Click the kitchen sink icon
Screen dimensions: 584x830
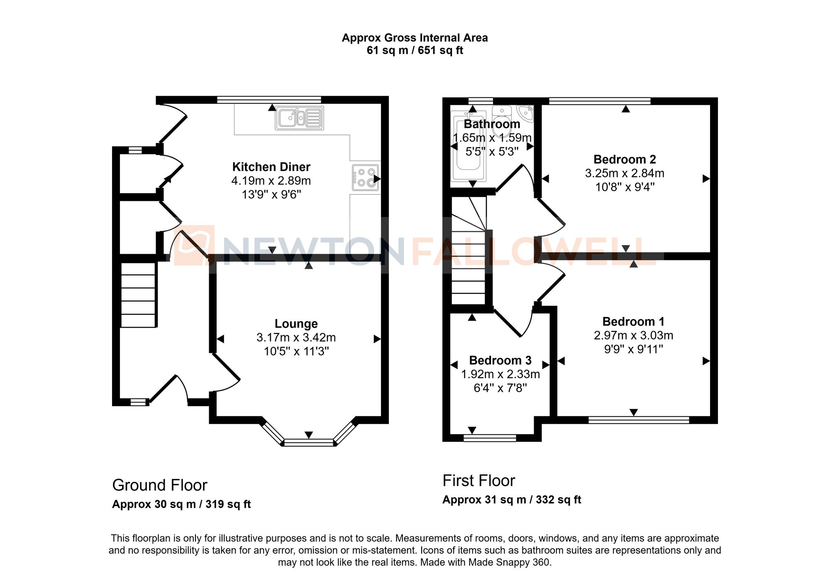click(x=300, y=118)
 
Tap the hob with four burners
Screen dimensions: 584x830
click(x=366, y=178)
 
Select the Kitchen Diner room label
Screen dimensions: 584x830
click(x=271, y=167)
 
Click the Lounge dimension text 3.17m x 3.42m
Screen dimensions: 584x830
click(x=296, y=338)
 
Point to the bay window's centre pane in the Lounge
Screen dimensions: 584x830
click(x=309, y=443)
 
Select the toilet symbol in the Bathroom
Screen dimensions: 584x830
click(x=502, y=116)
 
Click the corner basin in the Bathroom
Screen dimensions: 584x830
click(x=526, y=112)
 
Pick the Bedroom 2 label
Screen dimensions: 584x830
click(x=625, y=159)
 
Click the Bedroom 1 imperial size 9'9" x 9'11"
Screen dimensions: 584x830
click(x=633, y=349)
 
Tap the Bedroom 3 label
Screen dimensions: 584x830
click(x=500, y=360)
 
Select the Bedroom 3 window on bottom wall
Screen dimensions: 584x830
click(x=490, y=438)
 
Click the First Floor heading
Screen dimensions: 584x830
click(x=478, y=481)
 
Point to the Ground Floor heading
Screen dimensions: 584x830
click(x=159, y=485)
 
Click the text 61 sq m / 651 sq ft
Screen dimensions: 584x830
click(x=415, y=51)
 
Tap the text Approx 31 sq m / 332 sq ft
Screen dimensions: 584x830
click(x=511, y=500)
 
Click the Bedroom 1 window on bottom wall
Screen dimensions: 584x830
click(x=639, y=420)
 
